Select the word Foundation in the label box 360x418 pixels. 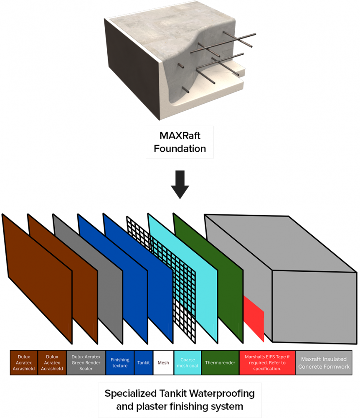pos(180,148)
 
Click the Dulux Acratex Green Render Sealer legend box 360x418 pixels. pos(86,362)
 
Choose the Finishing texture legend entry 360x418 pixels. pos(120,362)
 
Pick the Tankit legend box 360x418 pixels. pos(144,362)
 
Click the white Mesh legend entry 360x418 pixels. pos(163,362)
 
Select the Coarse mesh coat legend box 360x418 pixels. pos(188,362)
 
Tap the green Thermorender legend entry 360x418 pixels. pos(221,362)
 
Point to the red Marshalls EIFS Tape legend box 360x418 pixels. pos(267,362)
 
